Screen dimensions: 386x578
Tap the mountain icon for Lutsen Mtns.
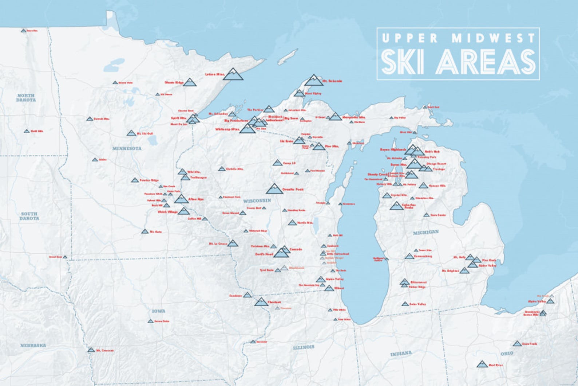233,74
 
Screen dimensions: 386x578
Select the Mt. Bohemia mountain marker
313,80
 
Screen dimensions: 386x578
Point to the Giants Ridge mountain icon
190,82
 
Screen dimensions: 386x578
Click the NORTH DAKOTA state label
26,97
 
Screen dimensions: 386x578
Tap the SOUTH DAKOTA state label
29,216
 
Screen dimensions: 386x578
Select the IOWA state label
159,311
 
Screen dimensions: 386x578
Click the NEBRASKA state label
33,345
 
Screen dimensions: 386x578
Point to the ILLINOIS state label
304,347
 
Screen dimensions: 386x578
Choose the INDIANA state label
401,354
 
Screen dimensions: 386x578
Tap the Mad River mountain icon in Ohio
482,364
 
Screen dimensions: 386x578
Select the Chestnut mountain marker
261,302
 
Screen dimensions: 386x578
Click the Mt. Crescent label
105,351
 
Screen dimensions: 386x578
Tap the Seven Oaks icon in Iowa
150,321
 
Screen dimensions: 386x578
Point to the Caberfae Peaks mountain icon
396,206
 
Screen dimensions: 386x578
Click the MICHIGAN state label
426,232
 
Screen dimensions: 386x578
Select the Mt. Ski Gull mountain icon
131,133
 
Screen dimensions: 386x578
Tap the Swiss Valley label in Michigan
417,304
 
